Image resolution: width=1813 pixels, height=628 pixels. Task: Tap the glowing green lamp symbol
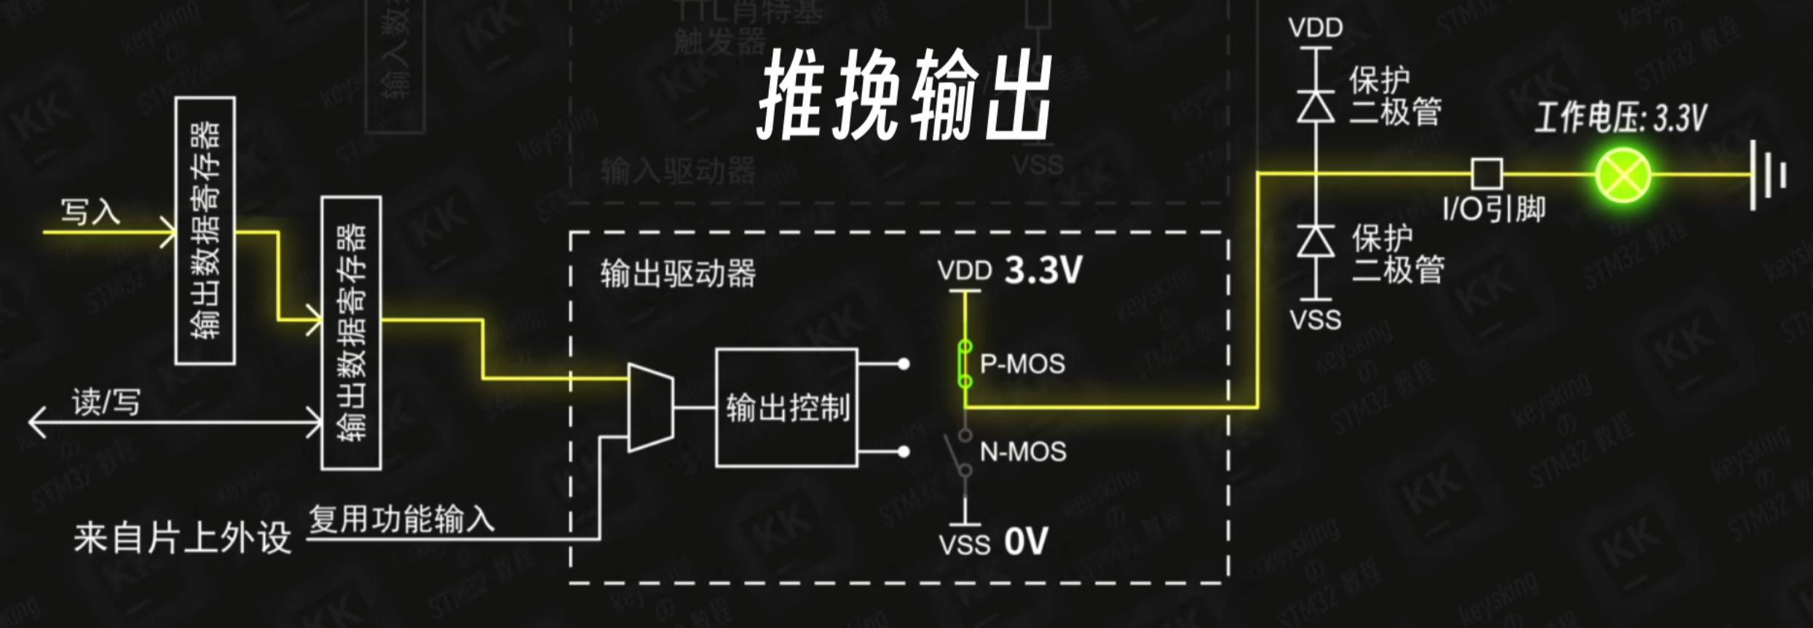1622,175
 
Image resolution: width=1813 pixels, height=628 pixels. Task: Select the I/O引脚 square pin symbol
1487,174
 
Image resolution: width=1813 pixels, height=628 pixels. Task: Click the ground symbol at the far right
1766,175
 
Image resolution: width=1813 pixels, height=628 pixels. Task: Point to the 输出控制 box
786,407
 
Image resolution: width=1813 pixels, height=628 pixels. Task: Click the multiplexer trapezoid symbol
650,408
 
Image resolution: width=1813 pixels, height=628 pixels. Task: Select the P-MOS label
1022,364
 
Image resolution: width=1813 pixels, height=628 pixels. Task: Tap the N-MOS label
1023,452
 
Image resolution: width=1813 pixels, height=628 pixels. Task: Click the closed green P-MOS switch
965,364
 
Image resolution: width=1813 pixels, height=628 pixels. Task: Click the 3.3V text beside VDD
1043,270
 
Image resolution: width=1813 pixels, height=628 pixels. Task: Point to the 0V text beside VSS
1026,541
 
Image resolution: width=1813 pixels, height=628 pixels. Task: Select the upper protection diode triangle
1316,106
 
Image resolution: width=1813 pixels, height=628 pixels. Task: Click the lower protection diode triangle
1316,241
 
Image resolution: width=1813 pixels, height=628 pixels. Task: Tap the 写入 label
90,212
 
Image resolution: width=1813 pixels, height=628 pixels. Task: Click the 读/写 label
106,401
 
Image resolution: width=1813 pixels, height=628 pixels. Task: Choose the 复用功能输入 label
401,519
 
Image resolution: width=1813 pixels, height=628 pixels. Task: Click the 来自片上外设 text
182,538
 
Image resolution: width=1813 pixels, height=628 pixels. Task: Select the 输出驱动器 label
678,274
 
